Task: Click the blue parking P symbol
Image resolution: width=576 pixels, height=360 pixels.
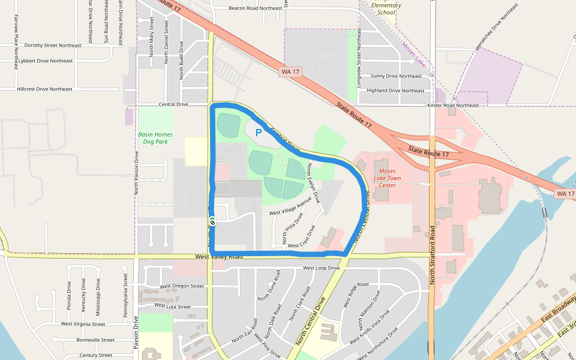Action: (x=259, y=133)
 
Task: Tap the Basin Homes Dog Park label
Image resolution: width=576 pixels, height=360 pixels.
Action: (x=155, y=138)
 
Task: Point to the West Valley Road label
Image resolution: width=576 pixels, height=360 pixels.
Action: (x=219, y=257)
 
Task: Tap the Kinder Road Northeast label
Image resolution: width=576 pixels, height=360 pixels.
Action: (x=453, y=106)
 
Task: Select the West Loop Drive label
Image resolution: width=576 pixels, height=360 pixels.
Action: (x=322, y=268)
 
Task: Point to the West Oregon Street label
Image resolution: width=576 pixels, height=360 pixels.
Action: (x=182, y=286)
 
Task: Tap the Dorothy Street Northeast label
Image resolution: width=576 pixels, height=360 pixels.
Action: (x=53, y=46)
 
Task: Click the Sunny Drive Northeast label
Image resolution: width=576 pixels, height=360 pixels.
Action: (x=396, y=76)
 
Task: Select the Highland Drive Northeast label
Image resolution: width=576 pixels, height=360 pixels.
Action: (x=395, y=91)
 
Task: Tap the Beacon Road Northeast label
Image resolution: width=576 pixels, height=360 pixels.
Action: (x=255, y=8)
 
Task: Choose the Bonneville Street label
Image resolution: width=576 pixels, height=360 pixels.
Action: (x=95, y=340)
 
